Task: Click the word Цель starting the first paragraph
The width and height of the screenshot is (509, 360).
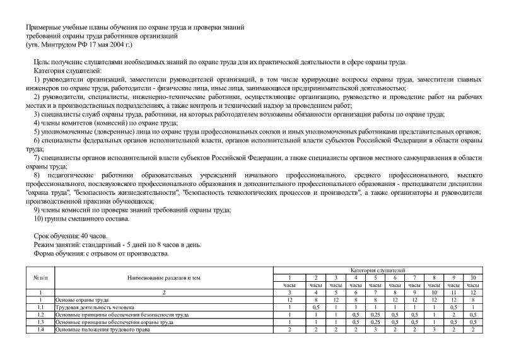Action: point(42,62)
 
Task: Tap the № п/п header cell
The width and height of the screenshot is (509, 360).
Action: point(40,277)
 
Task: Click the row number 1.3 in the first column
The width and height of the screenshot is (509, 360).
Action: point(40,322)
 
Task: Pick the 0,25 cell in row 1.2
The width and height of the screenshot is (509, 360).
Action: point(375,315)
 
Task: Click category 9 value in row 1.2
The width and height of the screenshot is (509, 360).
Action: point(453,315)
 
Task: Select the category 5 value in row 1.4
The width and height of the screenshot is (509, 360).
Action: point(375,330)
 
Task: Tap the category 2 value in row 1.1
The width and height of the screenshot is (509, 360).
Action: point(315,307)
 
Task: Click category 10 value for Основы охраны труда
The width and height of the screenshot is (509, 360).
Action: point(472,300)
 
